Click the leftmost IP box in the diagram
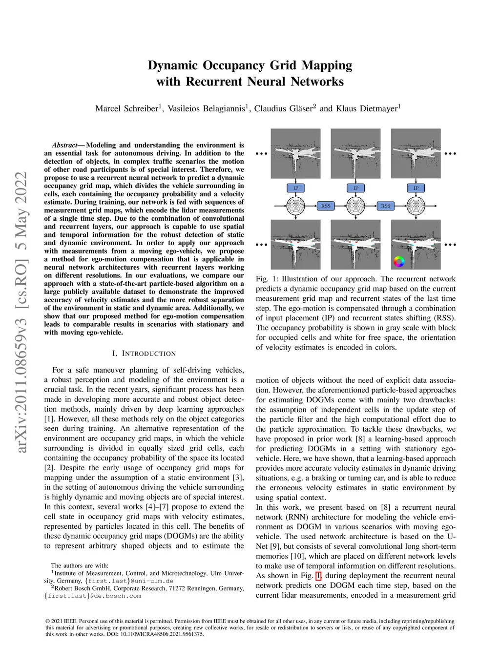coord(295,188)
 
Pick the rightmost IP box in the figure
coord(416,188)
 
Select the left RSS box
coord(326,206)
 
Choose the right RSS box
coord(386,206)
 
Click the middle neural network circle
coord(355,206)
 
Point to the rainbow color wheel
coord(399,262)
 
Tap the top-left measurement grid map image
coord(295,153)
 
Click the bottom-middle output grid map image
coord(355,244)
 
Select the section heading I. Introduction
coord(144,354)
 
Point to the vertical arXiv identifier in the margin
coord(21,313)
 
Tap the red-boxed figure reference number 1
coord(318,576)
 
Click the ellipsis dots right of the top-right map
coord(450,154)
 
